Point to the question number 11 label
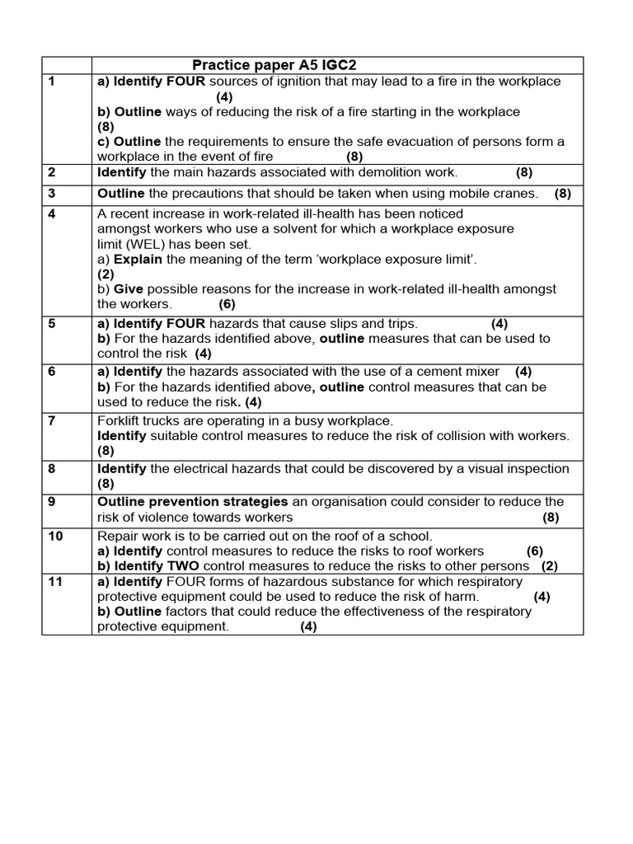pos(55,582)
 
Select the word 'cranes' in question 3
pos(516,194)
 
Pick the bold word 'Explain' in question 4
pos(138,260)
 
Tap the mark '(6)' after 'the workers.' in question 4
pos(227,304)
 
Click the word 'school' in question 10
pos(410,536)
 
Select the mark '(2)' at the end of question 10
pos(550,566)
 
